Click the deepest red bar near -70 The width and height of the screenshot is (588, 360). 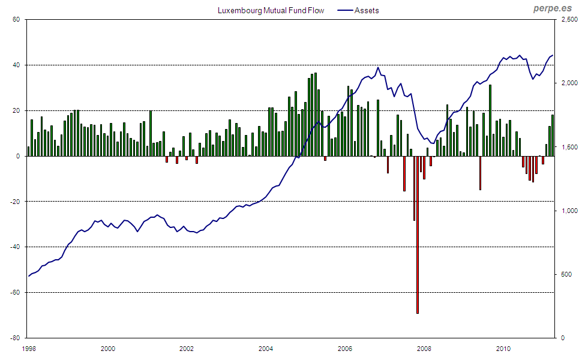point(418,234)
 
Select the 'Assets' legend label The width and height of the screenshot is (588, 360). point(367,10)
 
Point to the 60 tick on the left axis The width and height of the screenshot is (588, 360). point(17,20)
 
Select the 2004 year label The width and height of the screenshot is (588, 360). point(266,348)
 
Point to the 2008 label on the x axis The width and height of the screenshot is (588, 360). point(424,348)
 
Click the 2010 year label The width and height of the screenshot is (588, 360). point(503,348)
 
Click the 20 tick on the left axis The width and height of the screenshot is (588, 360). point(17,111)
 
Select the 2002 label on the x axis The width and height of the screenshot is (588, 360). point(187,348)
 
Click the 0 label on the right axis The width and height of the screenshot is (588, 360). point(563,338)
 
